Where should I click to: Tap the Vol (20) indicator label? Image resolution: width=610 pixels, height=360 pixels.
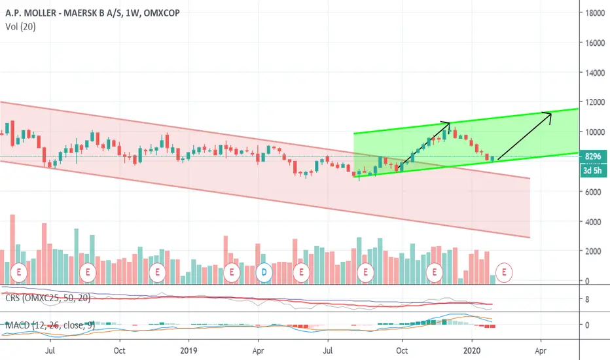20,26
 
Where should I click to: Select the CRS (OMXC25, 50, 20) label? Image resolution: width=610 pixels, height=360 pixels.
48,298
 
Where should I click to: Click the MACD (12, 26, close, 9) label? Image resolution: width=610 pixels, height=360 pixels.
50,325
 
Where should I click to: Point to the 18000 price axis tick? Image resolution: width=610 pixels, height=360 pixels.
595,13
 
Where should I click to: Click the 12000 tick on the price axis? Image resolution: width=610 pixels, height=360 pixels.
595,102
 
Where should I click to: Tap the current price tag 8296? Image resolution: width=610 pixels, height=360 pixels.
593,156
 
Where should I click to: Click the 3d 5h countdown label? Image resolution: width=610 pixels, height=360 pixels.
593,170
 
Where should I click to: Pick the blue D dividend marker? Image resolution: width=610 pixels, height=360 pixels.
264,272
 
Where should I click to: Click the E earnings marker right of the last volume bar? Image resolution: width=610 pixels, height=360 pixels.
504,272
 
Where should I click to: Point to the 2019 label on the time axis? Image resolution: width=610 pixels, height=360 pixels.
188,351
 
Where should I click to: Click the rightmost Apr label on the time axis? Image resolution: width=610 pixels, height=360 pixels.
541,351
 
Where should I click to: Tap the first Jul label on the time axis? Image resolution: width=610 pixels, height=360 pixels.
50,351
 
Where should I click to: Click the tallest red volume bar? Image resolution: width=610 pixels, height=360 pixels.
12,249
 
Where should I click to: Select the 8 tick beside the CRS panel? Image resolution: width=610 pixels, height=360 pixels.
586,299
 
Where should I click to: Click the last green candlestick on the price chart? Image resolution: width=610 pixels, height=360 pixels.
492,158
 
